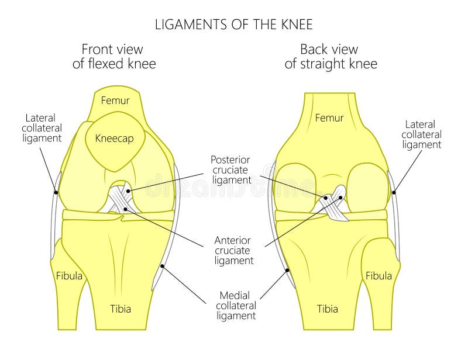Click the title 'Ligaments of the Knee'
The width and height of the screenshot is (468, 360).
pyautogui.click(x=233, y=25)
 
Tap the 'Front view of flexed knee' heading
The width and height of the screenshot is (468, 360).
pyautogui.click(x=114, y=57)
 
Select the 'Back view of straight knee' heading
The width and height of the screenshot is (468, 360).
pyautogui.click(x=331, y=57)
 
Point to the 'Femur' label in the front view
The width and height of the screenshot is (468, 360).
pyautogui.click(x=115, y=101)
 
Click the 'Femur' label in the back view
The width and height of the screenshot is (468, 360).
pyautogui.click(x=329, y=118)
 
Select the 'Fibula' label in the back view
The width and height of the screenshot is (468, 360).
pyautogui.click(x=378, y=275)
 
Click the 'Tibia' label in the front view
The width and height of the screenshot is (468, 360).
pyautogui.click(x=121, y=309)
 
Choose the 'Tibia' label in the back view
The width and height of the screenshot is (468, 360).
pyautogui.click(x=327, y=309)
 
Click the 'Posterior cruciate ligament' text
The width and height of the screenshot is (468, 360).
pyautogui.click(x=230, y=169)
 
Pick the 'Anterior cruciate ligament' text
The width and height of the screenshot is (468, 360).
pyautogui.click(x=233, y=250)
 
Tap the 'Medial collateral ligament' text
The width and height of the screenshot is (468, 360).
pyautogui.click(x=236, y=305)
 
